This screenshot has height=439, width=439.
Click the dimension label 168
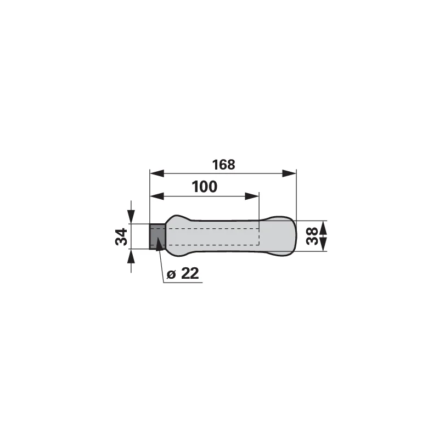223,165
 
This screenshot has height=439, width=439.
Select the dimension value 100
204,187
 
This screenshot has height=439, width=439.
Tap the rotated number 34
121,237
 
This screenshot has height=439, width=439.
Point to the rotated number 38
312,236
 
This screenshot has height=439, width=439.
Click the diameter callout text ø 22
183,273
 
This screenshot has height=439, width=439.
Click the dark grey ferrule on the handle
157,237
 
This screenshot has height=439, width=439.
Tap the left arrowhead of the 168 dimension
157,173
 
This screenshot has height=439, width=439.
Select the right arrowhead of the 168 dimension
289,173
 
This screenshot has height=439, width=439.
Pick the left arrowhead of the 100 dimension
157,196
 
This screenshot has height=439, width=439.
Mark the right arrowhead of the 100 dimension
252,196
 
